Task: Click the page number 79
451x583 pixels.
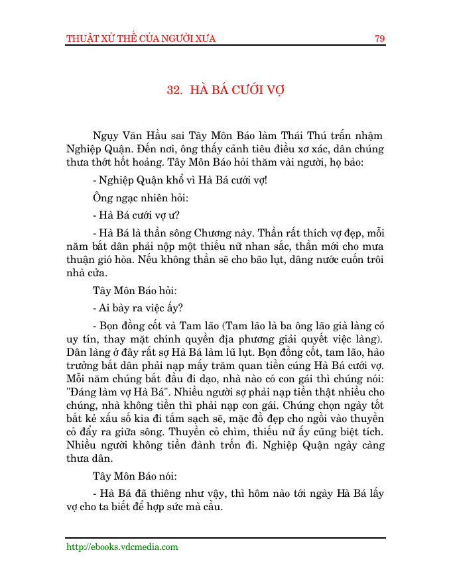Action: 379,38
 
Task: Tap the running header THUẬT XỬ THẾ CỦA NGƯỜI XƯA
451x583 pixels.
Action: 141,38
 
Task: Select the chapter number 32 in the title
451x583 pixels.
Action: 174,90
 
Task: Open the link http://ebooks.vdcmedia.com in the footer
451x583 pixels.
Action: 122,547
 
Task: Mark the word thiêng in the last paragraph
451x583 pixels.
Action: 168,494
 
